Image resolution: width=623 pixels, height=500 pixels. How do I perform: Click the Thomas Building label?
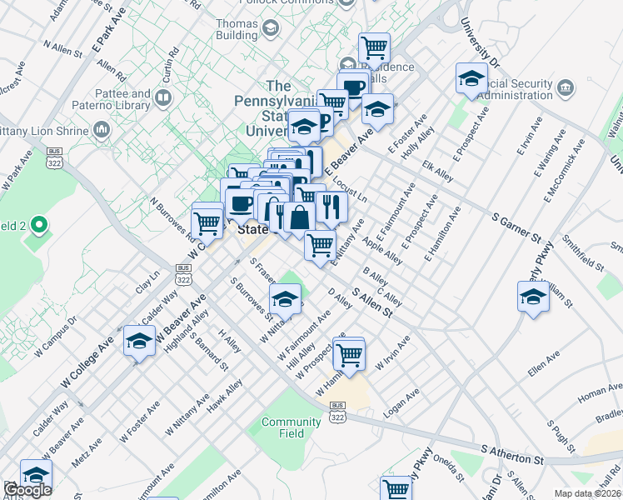pyautogui.click(x=237, y=30)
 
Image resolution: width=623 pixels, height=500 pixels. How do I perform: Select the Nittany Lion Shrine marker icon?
pyautogui.click(x=102, y=129)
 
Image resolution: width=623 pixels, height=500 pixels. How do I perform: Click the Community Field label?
pyautogui.click(x=291, y=427)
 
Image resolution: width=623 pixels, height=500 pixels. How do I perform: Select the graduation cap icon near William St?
pyautogui.click(x=533, y=295)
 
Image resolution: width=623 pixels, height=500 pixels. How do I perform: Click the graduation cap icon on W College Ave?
pyautogui.click(x=139, y=339)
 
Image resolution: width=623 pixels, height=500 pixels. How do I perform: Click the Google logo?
pyautogui.click(x=27, y=490)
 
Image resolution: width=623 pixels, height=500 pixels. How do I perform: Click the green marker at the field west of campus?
pyautogui.click(x=37, y=226)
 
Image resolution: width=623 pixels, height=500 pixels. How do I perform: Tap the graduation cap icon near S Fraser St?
pyautogui.click(x=285, y=297)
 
